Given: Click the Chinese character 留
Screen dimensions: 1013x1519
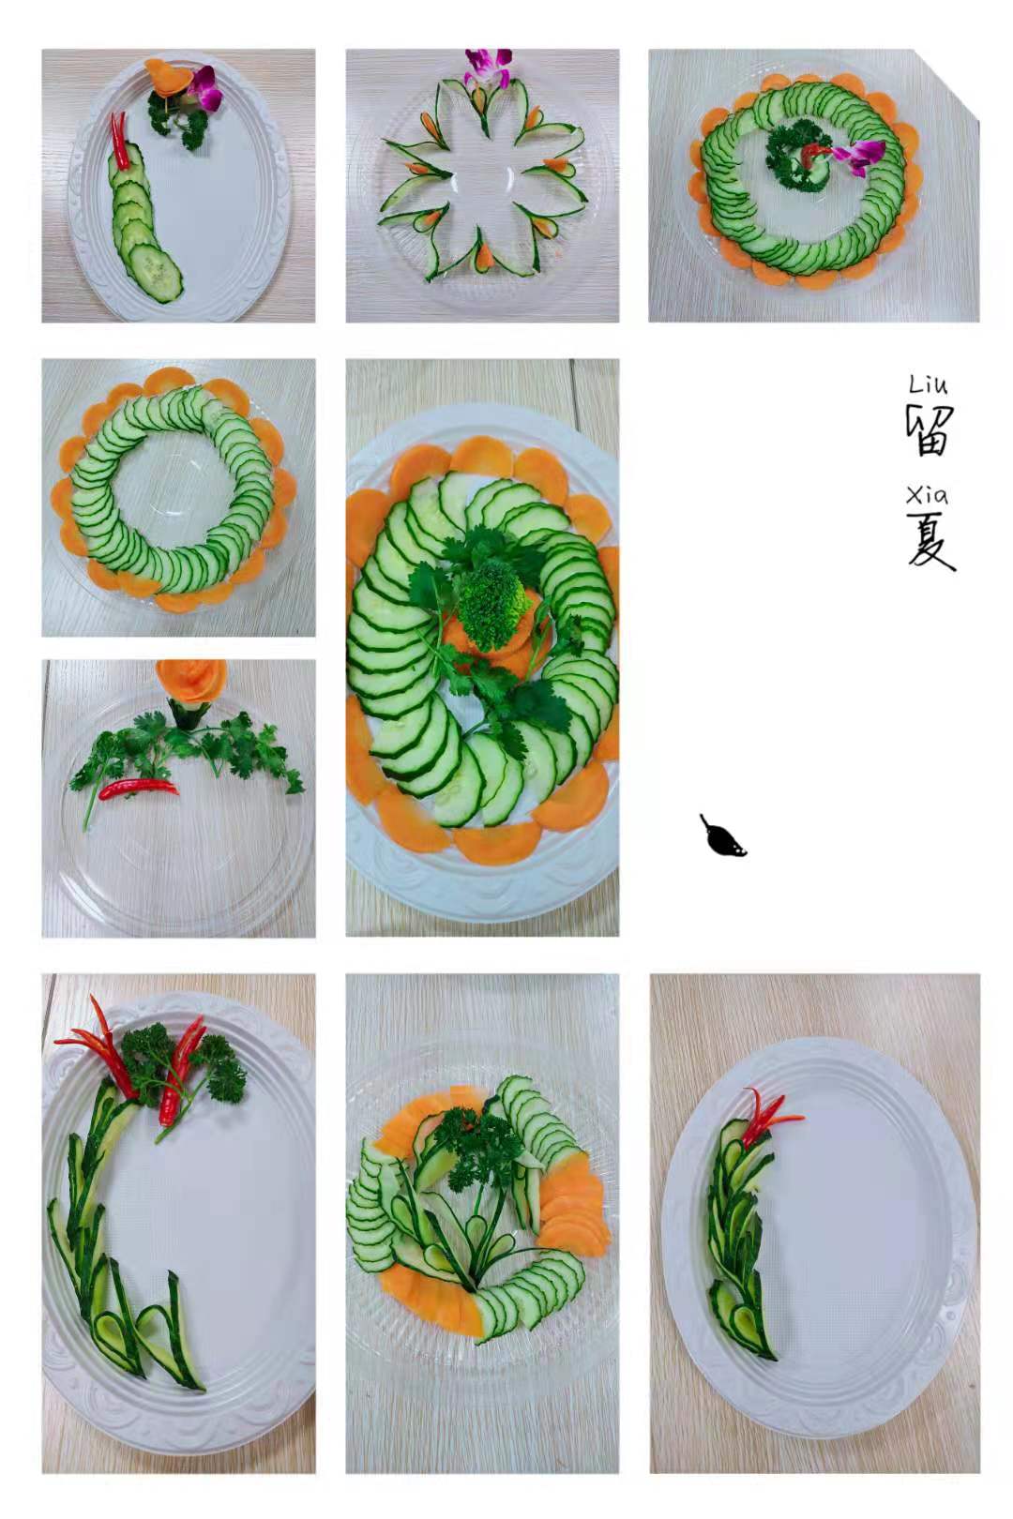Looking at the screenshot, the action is coord(929,430).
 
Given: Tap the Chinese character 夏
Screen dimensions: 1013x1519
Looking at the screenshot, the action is coord(930,540).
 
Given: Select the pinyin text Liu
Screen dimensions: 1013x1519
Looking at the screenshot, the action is coord(928,385).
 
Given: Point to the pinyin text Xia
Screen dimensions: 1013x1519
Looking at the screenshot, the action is coord(927,496).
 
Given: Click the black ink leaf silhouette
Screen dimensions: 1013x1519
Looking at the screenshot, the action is coord(722,835).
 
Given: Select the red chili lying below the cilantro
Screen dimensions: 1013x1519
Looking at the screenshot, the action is coord(139,788).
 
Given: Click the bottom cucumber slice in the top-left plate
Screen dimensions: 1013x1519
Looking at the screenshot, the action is coord(156,272).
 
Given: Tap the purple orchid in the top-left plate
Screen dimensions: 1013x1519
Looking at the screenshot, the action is coord(204,87).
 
